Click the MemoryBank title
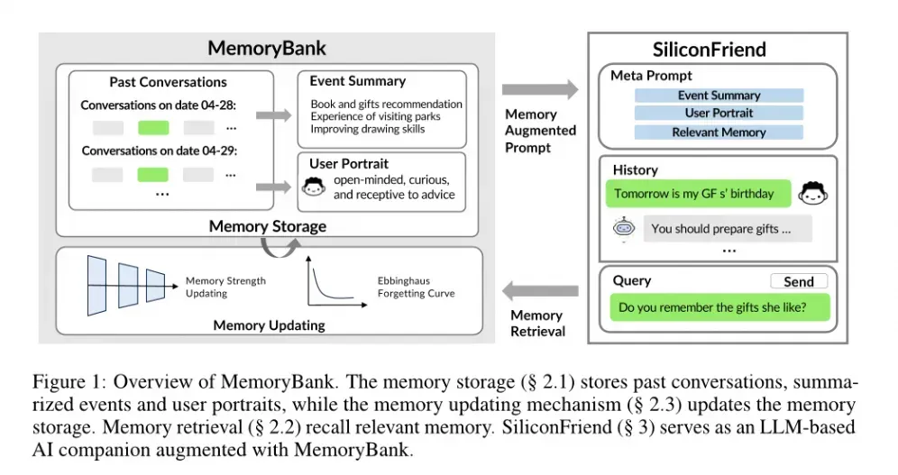click(267, 49)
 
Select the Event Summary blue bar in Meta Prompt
click(719, 96)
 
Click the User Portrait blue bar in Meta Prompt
click(719, 114)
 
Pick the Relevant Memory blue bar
click(719, 132)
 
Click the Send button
click(798, 282)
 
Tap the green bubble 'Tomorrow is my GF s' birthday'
click(694, 194)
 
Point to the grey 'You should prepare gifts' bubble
click(720, 229)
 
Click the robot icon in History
click(622, 229)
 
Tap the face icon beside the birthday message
click(812, 194)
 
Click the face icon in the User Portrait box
click(313, 188)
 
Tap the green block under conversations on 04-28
click(153, 127)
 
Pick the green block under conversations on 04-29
click(153, 173)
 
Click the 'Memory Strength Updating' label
click(225, 287)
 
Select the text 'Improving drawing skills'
click(367, 129)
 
